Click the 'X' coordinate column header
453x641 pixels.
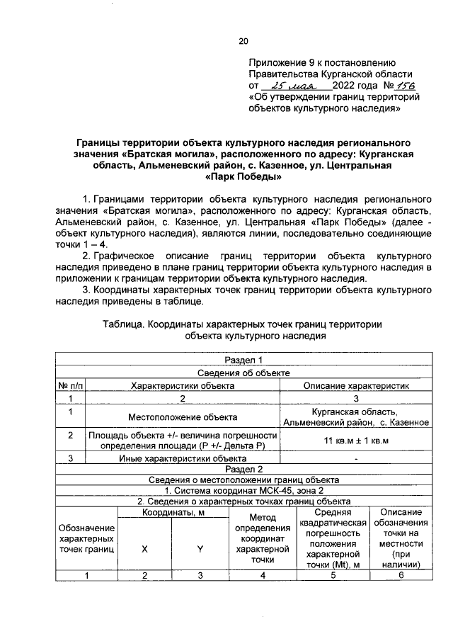click(x=144, y=548)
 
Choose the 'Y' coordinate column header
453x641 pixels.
click(x=200, y=548)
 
